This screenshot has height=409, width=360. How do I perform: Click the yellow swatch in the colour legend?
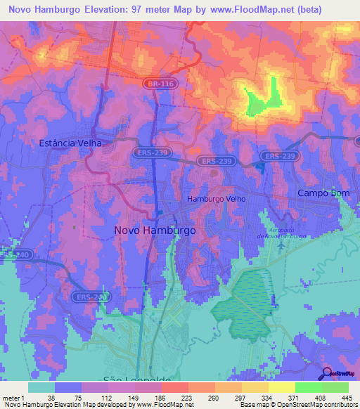(282, 388)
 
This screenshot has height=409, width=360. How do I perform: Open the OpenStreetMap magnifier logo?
(328, 372)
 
